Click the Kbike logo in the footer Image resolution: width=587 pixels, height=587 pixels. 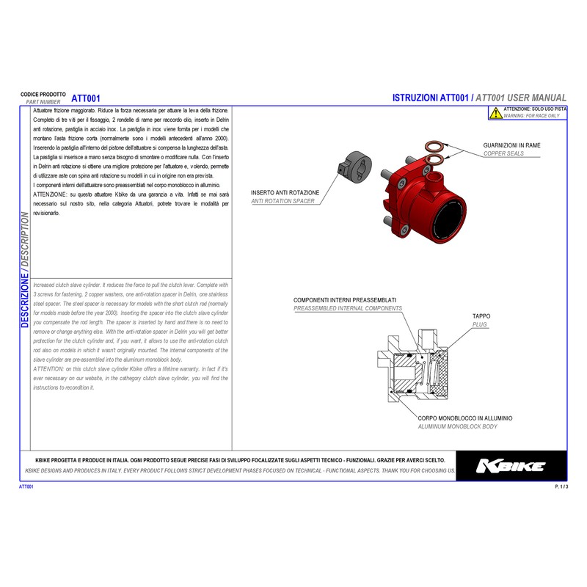point(511,466)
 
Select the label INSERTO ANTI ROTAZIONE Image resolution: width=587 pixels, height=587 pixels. point(285,192)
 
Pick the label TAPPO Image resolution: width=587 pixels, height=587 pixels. point(481,316)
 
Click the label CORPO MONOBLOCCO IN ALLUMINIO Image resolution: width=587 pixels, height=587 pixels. point(464,418)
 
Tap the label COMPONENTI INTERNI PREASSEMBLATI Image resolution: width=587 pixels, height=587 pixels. point(345,301)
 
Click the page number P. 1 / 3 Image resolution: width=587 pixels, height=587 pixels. point(561,486)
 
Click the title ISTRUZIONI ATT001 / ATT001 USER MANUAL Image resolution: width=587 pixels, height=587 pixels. point(479,98)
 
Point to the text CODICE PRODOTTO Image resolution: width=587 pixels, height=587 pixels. point(43,95)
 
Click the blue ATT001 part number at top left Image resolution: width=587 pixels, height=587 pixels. point(86,98)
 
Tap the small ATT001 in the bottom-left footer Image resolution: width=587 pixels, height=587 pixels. point(26,486)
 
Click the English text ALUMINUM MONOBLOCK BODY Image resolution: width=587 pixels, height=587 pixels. point(457,426)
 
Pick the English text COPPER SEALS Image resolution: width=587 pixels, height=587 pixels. point(504,154)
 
